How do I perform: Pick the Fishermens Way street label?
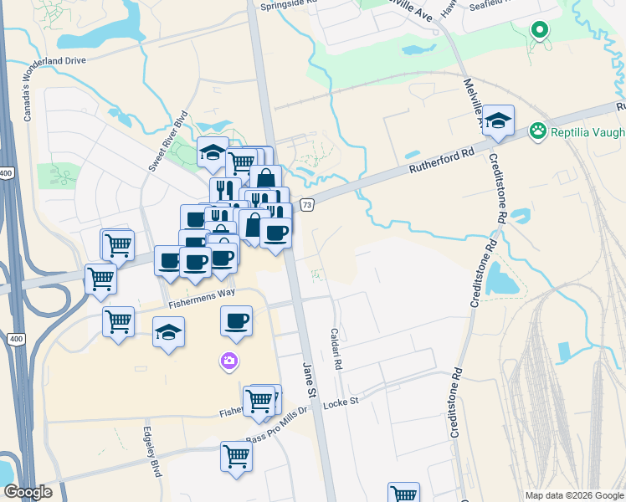coord(202,294)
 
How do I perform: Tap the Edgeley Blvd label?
coord(151,451)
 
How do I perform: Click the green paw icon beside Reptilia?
coord(537,131)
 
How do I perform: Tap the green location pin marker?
coord(540,31)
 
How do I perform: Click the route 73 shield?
coord(307,205)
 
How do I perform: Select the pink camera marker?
coord(228,361)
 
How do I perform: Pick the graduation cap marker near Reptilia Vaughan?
coord(498,120)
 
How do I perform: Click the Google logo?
coord(28,492)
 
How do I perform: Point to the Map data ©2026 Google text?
coord(573,495)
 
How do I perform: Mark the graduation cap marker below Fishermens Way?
coord(168,332)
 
